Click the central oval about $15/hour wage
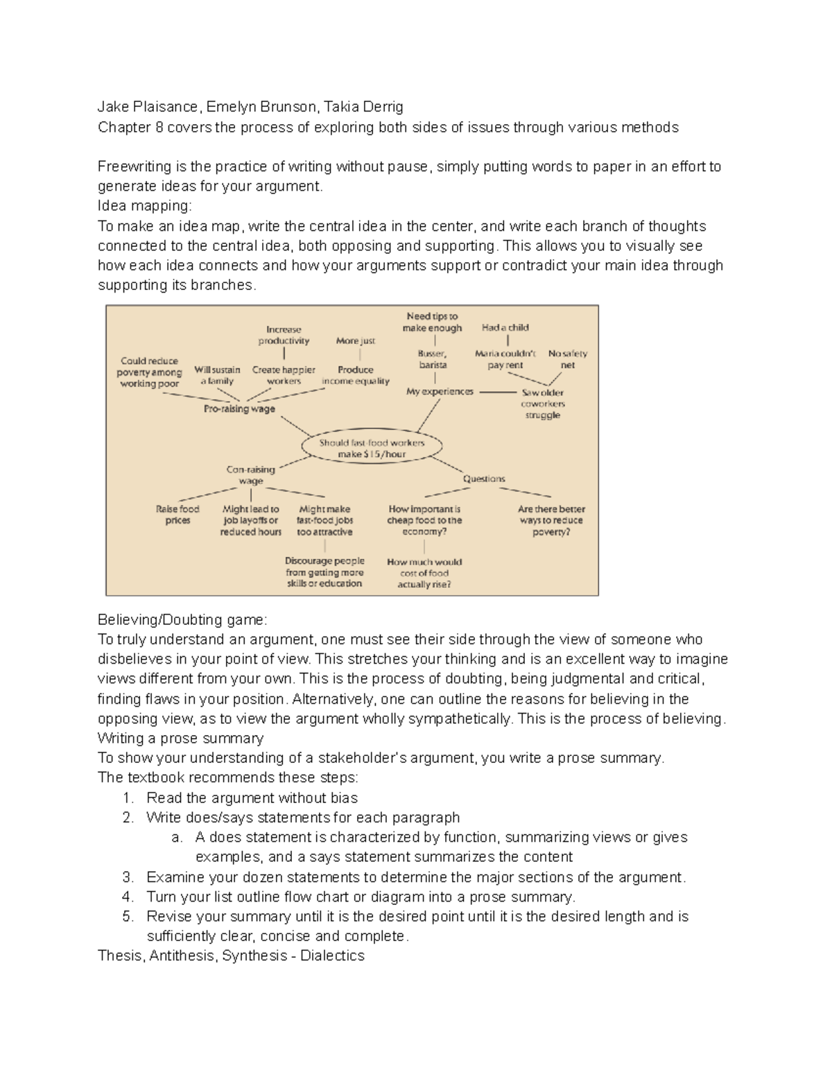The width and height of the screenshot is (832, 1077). pyautogui.click(x=372, y=448)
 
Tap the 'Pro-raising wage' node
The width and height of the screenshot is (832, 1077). pyautogui.click(x=239, y=409)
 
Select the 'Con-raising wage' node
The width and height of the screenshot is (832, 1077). pyautogui.click(x=251, y=475)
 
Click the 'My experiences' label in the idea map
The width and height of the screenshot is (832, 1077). pyautogui.click(x=440, y=391)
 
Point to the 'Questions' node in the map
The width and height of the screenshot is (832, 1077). pyautogui.click(x=484, y=479)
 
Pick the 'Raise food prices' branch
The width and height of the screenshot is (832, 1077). pyautogui.click(x=177, y=515)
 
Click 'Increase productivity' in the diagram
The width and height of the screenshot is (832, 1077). pyautogui.click(x=284, y=335)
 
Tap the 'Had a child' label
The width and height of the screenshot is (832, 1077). pyautogui.click(x=505, y=327)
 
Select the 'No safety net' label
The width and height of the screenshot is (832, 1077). pyautogui.click(x=567, y=359)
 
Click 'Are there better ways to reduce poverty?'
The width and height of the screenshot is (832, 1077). pyautogui.click(x=551, y=520)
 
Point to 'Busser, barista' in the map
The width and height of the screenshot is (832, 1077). pyautogui.click(x=433, y=359)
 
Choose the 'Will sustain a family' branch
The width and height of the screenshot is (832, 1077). pyautogui.click(x=217, y=375)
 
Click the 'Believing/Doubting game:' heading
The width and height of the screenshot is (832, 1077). pyautogui.click(x=182, y=619)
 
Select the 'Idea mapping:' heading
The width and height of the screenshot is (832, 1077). pyautogui.click(x=144, y=206)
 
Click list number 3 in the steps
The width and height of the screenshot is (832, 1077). pyautogui.click(x=128, y=877)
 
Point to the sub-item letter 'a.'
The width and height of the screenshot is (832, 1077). pyautogui.click(x=177, y=838)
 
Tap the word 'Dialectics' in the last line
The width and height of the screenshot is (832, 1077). pyautogui.click(x=332, y=956)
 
